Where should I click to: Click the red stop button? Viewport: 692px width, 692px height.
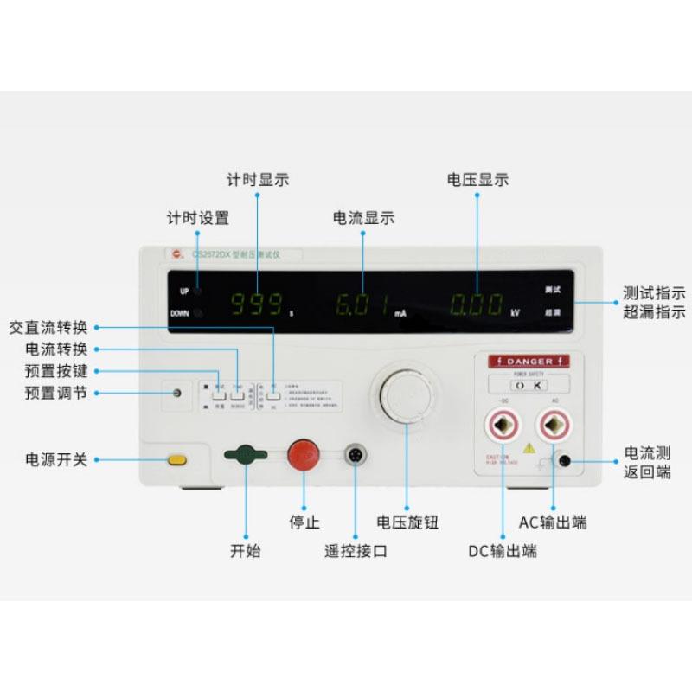pos(302,454)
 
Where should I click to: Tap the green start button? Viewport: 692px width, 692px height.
pos(247,455)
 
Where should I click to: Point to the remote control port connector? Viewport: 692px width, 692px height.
pos(355,454)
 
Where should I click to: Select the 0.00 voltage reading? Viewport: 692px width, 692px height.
pos(476,304)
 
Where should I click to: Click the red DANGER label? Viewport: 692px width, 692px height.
pos(528,361)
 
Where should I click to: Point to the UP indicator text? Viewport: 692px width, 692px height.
pos(184,292)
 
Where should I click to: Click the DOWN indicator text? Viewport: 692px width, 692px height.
pos(180,313)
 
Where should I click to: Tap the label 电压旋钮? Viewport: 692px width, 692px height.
pos(407,522)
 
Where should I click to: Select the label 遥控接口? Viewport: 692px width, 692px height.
pos(356,550)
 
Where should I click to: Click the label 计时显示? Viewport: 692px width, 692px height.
pos(258,181)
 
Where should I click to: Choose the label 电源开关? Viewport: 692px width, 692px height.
pos(56,459)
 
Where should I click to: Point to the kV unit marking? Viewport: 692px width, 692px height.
pos(515,313)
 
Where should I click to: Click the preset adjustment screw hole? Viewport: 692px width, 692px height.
pos(177,394)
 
